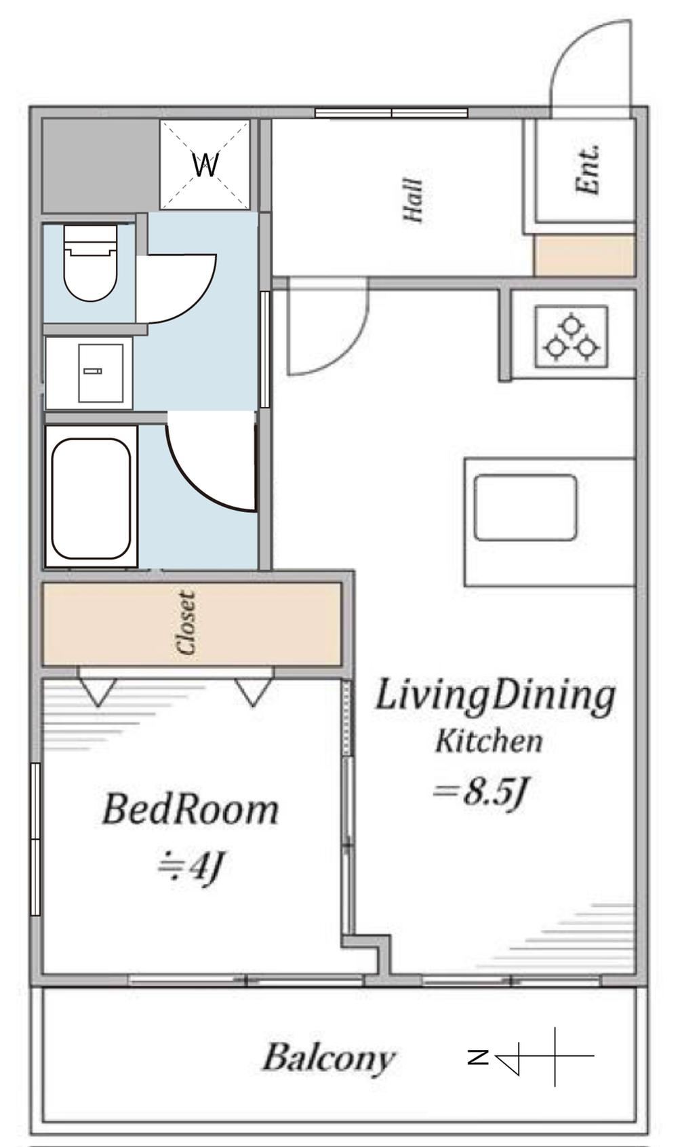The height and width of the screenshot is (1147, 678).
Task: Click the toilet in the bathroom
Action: coord(90,263)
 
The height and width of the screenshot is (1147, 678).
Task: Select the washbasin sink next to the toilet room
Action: coord(100,373)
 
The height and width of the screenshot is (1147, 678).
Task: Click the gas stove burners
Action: coord(571,337)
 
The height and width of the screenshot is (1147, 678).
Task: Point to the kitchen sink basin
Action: coord(525,507)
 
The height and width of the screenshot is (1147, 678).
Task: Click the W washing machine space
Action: coord(205,164)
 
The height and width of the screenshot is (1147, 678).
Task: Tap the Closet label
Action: coord(186,623)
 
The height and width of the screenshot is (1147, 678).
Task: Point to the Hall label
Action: coord(414,200)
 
